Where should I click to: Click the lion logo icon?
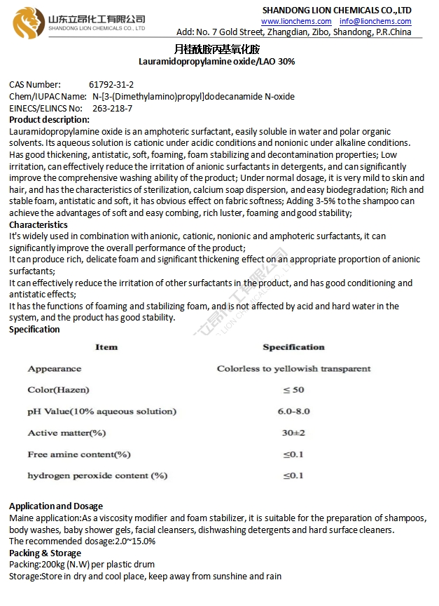click(27, 22)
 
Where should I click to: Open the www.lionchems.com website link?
click(296, 22)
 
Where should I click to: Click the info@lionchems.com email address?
click(375, 22)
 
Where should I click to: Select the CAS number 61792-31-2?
click(111, 85)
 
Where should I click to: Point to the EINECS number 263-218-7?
click(112, 109)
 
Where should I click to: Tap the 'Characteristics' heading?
click(39, 225)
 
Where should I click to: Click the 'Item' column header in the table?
click(106, 347)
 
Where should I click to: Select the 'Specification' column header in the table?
click(293, 347)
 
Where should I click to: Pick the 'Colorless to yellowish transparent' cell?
click(293, 369)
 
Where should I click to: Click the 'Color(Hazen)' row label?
click(58, 390)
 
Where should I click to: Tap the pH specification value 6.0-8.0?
click(293, 412)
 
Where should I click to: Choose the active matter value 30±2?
click(293, 433)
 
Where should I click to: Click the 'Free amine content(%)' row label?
click(79, 454)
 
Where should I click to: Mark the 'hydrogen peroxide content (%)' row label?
click(97, 476)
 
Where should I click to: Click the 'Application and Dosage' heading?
click(56, 506)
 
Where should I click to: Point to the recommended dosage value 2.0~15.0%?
click(134, 541)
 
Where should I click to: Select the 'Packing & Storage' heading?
click(45, 553)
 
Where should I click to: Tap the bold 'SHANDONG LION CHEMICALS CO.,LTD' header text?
click(337, 10)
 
